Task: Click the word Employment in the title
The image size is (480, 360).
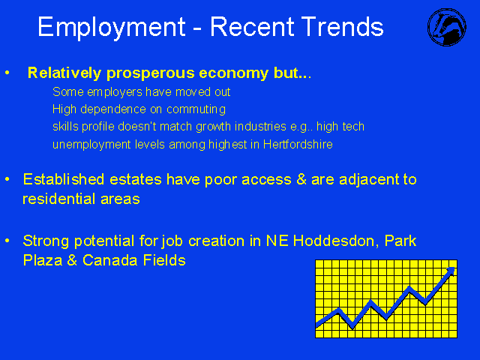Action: point(112,28)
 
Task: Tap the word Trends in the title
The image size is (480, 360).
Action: point(342,27)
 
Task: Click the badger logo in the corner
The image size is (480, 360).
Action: point(447,27)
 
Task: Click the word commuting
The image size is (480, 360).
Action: point(196,109)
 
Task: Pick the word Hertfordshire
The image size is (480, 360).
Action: point(298,144)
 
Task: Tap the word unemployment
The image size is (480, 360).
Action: point(91,145)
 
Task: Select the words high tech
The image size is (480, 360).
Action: point(340,127)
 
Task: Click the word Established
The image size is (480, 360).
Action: point(64,179)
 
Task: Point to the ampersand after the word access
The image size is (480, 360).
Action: point(301,180)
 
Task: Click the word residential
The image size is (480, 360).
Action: point(59,199)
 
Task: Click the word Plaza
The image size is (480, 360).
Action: point(43,260)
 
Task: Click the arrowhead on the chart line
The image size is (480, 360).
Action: point(450,271)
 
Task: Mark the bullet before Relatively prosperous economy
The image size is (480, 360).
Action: point(7,73)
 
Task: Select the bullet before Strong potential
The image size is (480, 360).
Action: point(7,241)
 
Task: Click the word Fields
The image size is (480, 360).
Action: point(164,260)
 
